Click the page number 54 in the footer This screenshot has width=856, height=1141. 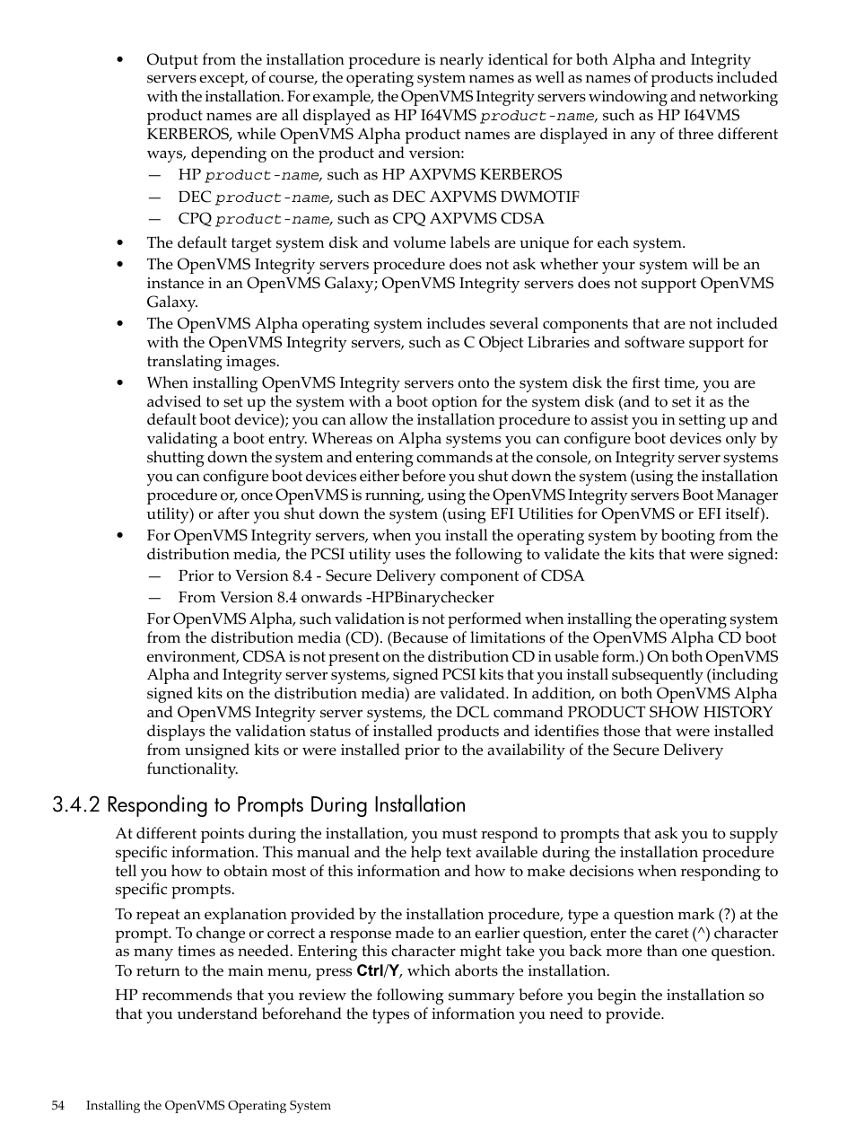[58, 1106]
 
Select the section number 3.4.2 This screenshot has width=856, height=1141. [75, 805]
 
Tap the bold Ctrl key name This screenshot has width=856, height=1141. [370, 970]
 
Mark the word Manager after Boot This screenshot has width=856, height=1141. [747, 495]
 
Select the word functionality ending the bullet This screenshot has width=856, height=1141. [192, 768]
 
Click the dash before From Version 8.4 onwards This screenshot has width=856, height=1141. [155, 598]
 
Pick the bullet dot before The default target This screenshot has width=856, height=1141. [120, 242]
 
